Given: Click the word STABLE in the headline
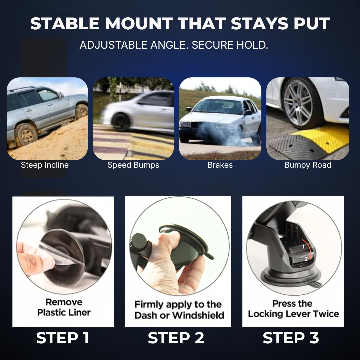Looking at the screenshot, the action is (x=65, y=23).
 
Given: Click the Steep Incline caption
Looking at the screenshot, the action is (x=45, y=165).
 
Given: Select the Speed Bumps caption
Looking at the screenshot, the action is (x=133, y=165).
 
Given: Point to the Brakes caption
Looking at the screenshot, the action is (x=220, y=165).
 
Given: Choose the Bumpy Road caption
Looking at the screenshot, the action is (x=308, y=165).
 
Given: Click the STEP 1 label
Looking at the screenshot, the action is (x=62, y=338).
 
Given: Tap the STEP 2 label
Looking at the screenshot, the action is (x=176, y=338).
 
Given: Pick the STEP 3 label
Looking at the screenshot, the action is (x=291, y=338).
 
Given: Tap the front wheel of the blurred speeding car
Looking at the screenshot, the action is (x=120, y=122).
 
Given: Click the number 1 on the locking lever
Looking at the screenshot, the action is (x=303, y=247).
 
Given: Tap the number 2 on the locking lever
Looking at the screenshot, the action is (x=306, y=259).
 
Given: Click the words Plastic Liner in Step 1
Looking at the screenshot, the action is (x=64, y=312).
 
